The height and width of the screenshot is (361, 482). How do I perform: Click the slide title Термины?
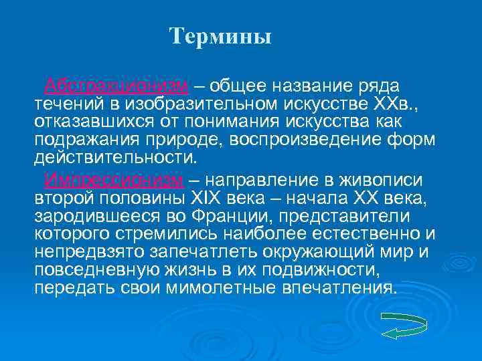pyautogui.click(x=221, y=36)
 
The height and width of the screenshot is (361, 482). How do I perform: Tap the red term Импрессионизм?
pyautogui.click(x=113, y=180)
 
